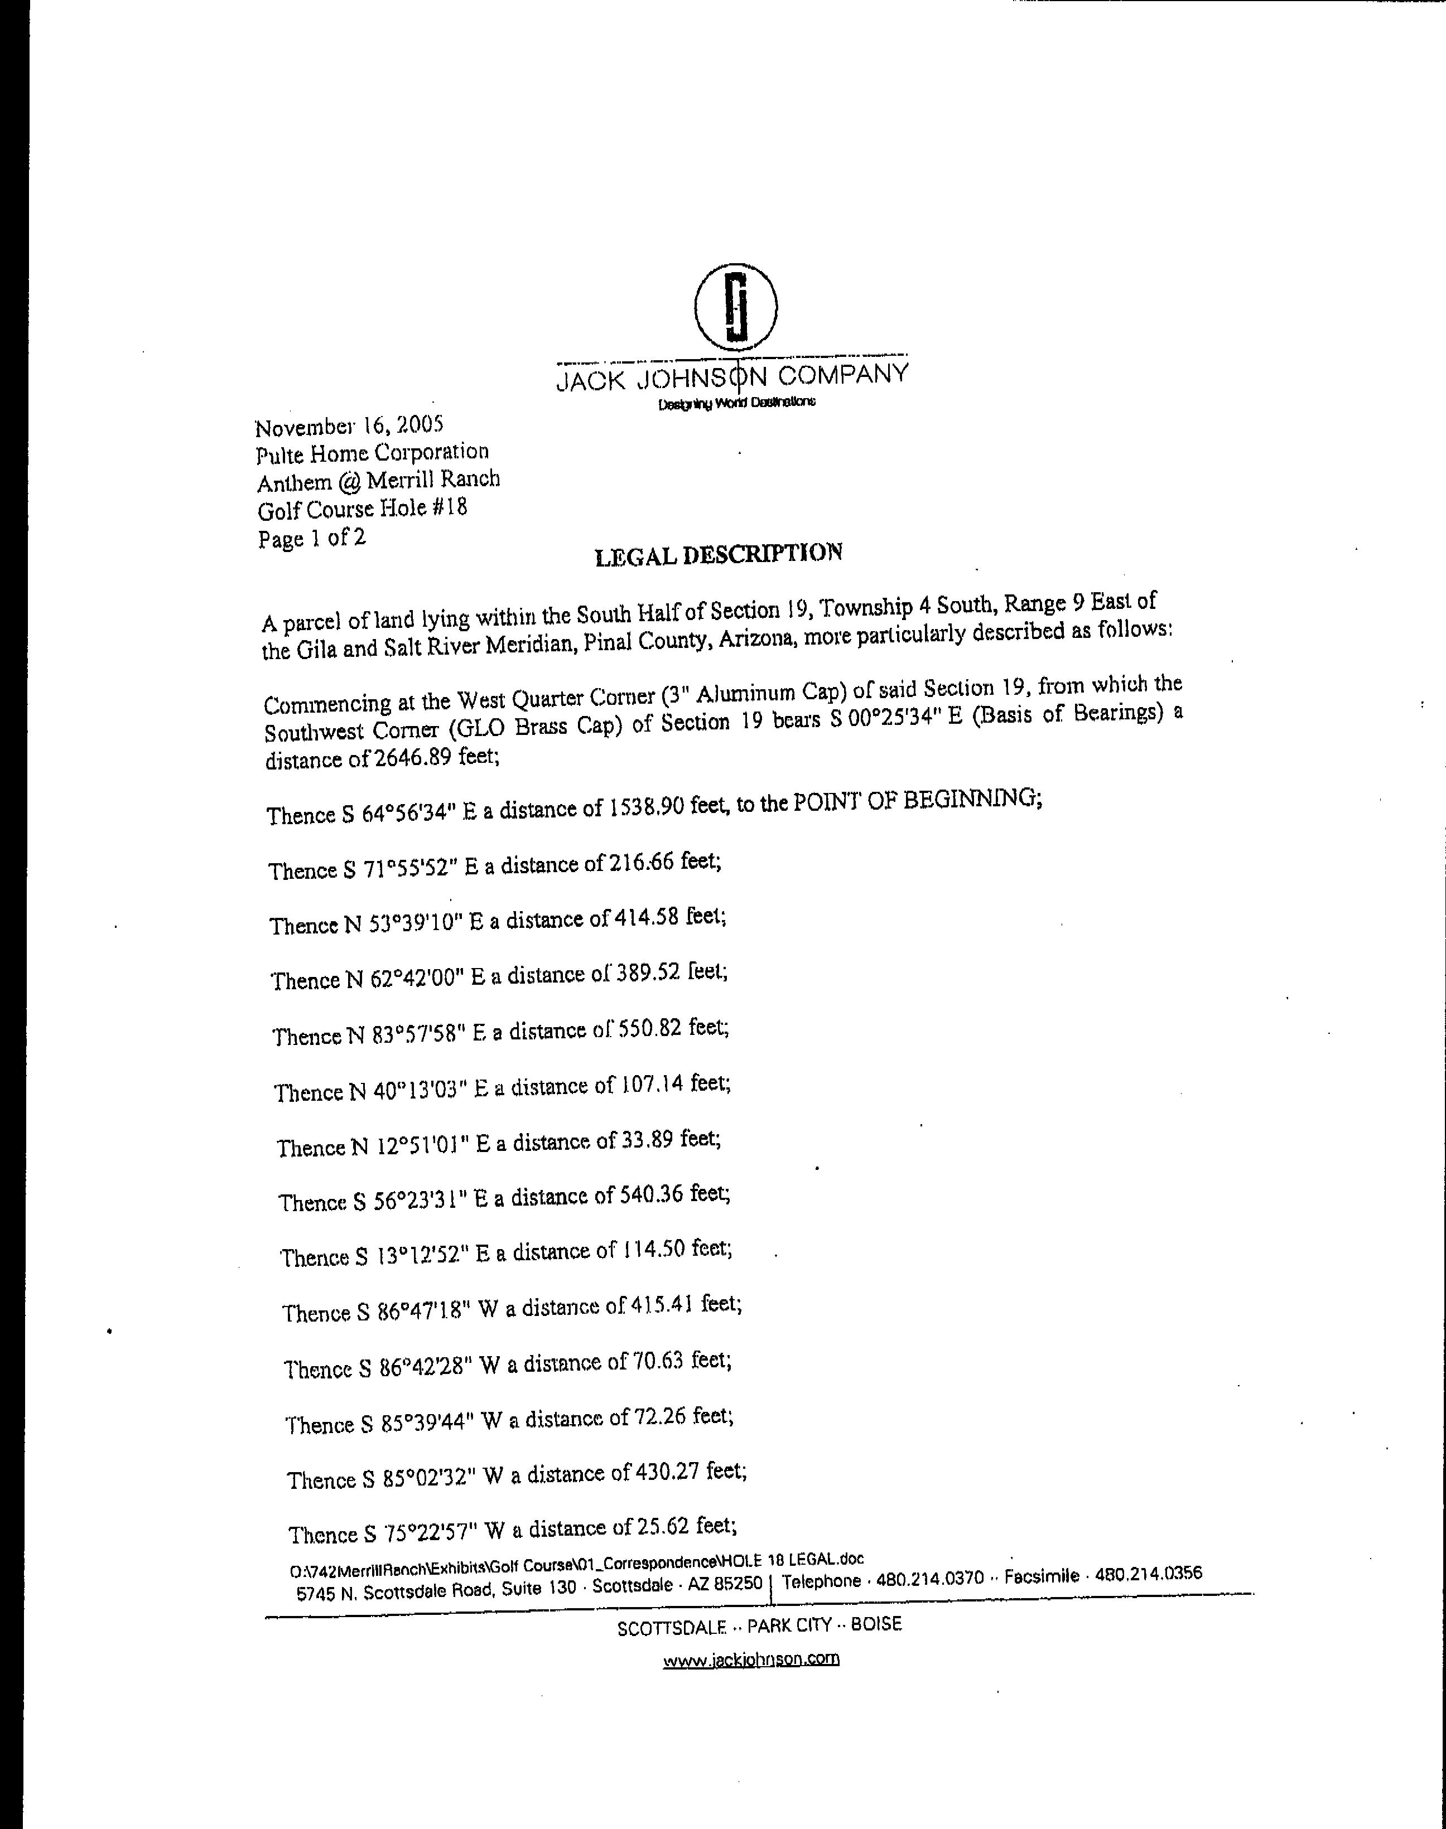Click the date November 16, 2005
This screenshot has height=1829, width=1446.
350,425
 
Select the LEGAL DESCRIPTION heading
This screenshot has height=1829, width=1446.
719,554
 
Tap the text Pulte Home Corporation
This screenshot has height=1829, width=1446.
373,454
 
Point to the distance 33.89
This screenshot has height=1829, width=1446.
647,1139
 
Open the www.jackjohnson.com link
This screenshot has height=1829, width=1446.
751,1659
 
